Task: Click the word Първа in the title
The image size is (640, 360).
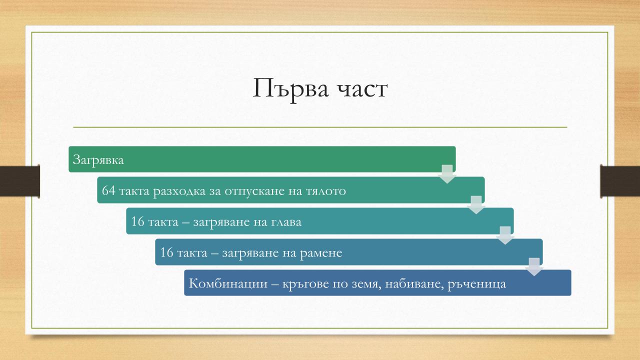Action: (x=291, y=89)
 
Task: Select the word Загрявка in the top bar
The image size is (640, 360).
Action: (x=98, y=160)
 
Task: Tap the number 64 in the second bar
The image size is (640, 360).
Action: (x=108, y=190)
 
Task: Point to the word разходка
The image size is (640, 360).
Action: (x=179, y=191)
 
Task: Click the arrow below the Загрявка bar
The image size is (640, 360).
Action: (x=447, y=174)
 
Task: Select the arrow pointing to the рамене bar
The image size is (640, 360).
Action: (x=505, y=235)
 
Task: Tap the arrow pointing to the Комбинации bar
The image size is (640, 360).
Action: (x=534, y=267)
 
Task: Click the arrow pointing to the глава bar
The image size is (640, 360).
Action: (x=476, y=205)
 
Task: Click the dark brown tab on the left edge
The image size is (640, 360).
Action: (x=19, y=181)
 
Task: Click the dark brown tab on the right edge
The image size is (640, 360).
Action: (x=620, y=181)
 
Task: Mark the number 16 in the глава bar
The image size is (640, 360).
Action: (x=137, y=221)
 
